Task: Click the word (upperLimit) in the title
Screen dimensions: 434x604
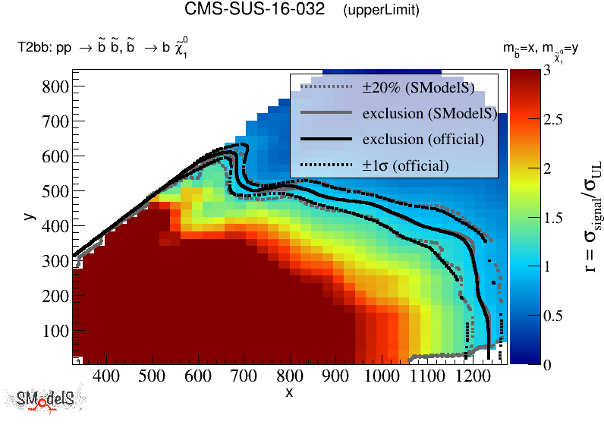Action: coord(381,11)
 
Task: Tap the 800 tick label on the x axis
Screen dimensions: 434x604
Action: coord(289,376)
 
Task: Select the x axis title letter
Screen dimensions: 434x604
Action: coord(289,392)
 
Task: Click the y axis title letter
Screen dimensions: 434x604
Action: coord(29,216)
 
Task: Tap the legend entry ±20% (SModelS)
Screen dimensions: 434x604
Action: coord(418,88)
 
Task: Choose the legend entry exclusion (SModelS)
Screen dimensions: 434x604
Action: coord(429,114)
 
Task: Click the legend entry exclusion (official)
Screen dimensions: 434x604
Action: coord(423,140)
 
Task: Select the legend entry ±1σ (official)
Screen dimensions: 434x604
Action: coord(405,165)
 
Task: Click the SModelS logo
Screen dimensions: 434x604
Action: coord(46,399)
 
